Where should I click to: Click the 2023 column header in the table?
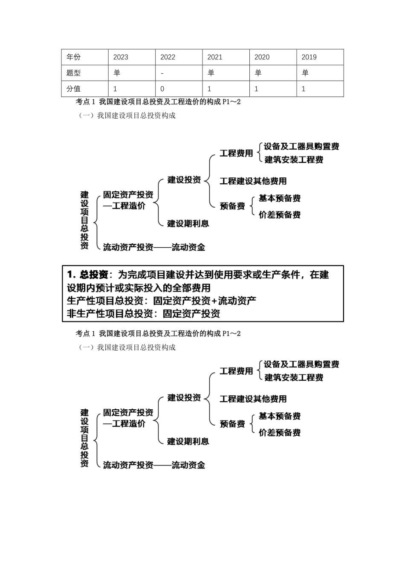(x=121, y=57)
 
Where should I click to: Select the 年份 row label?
(x=73, y=57)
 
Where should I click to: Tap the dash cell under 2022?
(x=162, y=73)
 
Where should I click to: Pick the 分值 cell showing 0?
(x=162, y=89)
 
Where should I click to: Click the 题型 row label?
(x=73, y=73)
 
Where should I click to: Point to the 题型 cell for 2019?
(x=305, y=73)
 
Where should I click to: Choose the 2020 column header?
(x=262, y=57)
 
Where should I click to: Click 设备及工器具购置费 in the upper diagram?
(x=301, y=147)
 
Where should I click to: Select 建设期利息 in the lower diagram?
(x=188, y=441)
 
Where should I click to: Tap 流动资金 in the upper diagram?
(x=188, y=247)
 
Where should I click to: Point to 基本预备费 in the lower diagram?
(x=280, y=416)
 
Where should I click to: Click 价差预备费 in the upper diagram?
(x=280, y=215)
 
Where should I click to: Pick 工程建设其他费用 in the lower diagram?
(x=253, y=399)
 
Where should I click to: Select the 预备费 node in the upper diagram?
(x=232, y=206)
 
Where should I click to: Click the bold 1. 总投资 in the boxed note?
(x=88, y=275)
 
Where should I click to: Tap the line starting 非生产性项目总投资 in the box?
(x=144, y=314)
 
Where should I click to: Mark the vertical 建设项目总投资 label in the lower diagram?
(x=85, y=438)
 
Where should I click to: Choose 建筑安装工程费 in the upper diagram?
(x=294, y=160)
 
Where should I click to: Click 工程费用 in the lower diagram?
(x=236, y=371)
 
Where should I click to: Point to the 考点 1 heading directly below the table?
(x=158, y=102)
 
